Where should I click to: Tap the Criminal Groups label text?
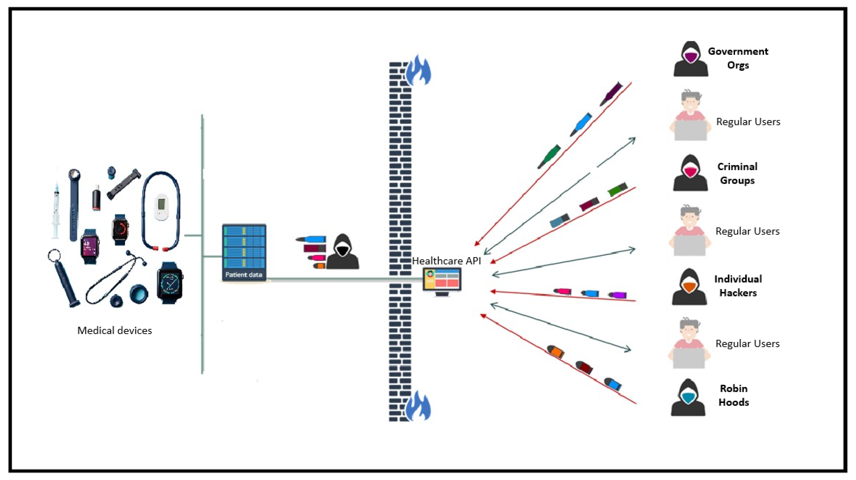tap(737, 173)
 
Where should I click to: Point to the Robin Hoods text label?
tap(733, 395)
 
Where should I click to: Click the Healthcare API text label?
tap(446, 261)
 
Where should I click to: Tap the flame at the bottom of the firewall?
tap(418, 407)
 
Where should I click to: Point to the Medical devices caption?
tap(115, 330)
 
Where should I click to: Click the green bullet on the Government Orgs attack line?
tap(549, 156)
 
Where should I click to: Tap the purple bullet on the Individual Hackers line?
tap(618, 295)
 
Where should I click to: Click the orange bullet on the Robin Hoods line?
tap(555, 351)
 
